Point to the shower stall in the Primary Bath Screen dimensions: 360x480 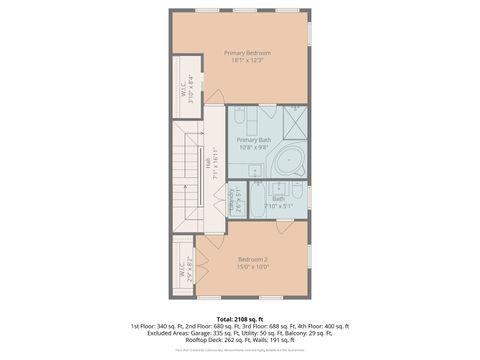click(294, 122)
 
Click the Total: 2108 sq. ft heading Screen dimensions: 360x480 click(240, 317)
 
